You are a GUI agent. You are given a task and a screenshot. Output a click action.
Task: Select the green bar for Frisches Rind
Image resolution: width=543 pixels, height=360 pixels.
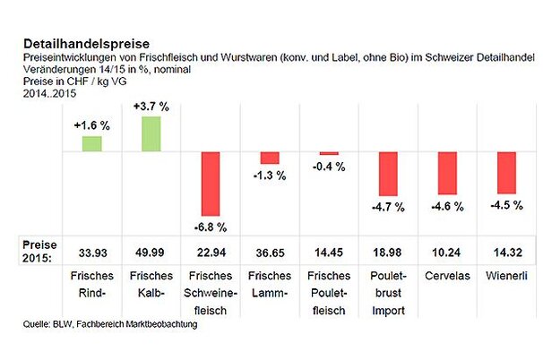(x=92, y=143)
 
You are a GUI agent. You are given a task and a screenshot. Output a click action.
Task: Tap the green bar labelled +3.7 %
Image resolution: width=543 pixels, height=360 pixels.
(x=151, y=133)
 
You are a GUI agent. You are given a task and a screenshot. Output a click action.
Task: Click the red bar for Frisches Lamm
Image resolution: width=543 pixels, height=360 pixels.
(x=270, y=159)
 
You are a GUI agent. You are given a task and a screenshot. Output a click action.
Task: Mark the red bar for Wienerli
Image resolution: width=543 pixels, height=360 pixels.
(x=505, y=174)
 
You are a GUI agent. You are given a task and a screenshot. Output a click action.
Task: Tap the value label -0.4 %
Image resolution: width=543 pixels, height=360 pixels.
(x=329, y=167)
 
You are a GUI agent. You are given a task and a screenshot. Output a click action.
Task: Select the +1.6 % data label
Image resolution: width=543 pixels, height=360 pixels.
(x=91, y=126)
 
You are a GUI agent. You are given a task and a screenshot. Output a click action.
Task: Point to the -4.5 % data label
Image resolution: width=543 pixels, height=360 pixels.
(x=505, y=205)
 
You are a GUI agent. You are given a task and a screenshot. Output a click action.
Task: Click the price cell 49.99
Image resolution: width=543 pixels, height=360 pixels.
(x=151, y=251)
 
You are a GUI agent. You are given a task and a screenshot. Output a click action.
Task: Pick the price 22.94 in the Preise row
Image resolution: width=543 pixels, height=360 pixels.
(x=211, y=251)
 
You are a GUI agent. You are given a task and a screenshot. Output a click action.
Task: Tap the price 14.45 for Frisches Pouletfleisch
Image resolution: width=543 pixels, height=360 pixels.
(x=328, y=251)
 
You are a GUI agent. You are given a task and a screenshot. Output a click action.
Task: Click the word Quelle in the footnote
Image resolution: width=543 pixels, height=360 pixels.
(x=37, y=324)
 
